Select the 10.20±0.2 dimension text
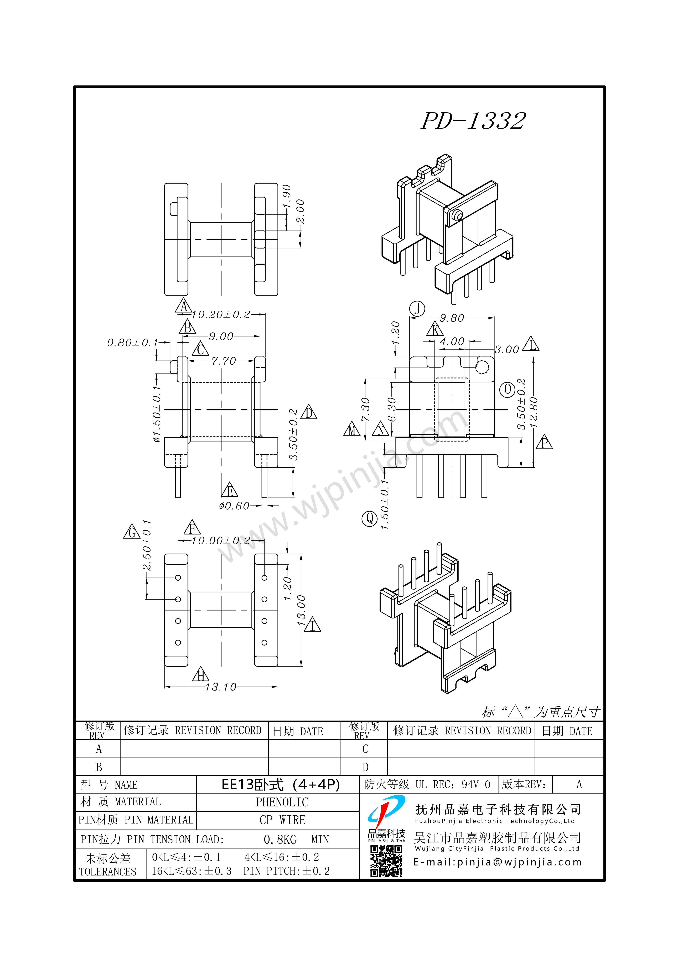tap(221, 315)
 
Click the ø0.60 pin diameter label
tap(234, 506)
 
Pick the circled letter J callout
tap(417, 309)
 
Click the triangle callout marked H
tap(200, 674)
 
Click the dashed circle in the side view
tap(482, 367)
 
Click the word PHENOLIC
tap(282, 802)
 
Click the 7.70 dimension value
tap(224, 361)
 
